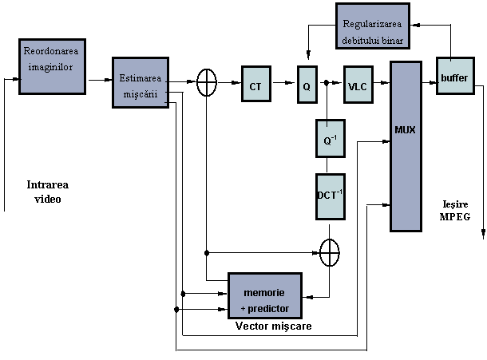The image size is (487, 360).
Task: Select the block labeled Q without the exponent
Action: (307, 85)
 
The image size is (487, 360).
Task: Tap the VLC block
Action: (357, 85)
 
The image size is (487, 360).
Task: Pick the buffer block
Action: (454, 77)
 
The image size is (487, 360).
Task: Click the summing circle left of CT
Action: (207, 82)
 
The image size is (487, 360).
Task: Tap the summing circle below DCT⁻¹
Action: (330, 252)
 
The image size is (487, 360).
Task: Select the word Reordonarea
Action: (52, 52)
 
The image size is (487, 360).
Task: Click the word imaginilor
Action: (50, 67)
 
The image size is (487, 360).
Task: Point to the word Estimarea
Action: (140, 78)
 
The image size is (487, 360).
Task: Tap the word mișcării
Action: (141, 93)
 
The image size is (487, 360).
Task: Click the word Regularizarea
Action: (373, 23)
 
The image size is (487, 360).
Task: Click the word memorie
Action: (264, 294)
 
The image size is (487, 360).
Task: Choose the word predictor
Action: (269, 308)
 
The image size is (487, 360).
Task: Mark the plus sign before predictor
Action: (243, 309)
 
